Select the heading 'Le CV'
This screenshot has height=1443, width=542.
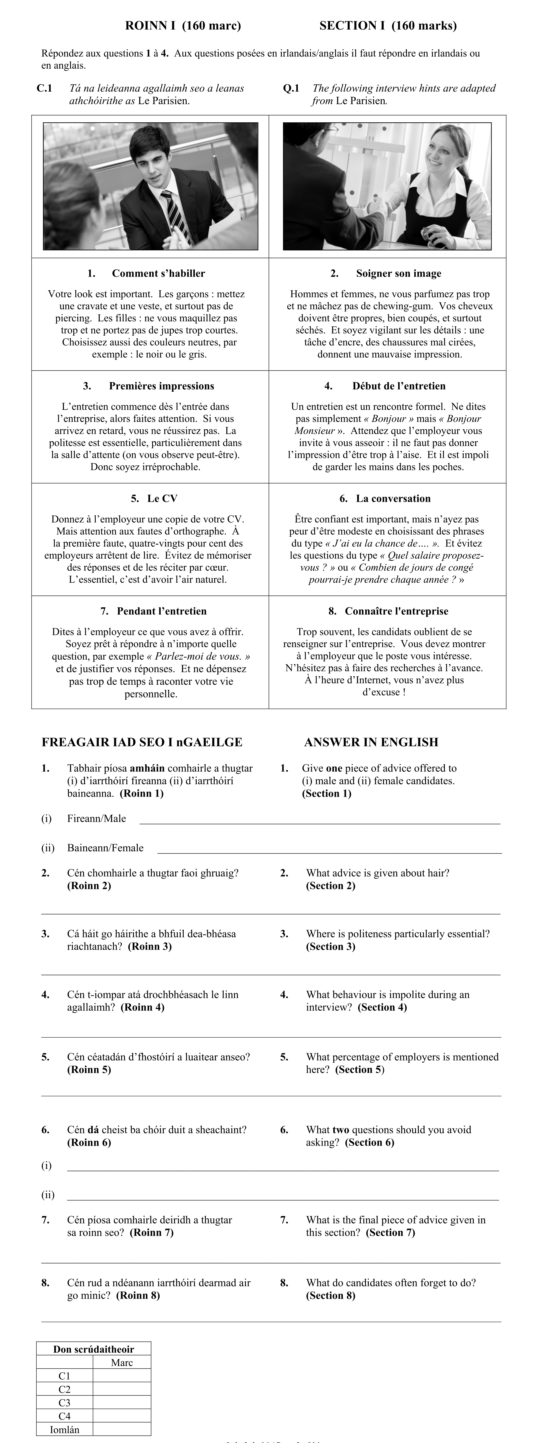(x=162, y=499)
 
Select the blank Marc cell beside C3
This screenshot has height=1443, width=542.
(x=122, y=1403)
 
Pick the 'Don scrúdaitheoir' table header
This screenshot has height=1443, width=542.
(x=94, y=1349)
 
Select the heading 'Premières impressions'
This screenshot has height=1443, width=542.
(x=161, y=386)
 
